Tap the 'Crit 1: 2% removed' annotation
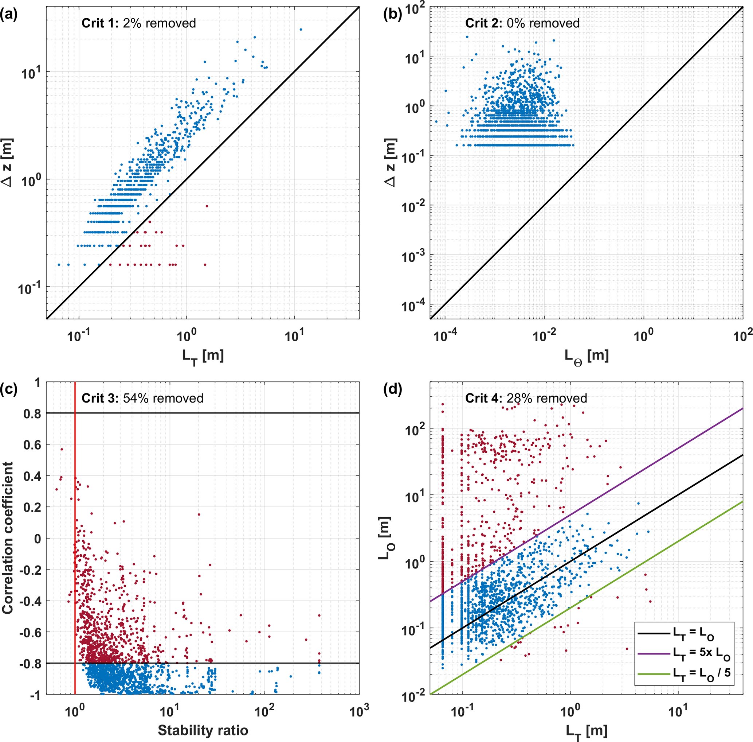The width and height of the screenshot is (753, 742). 138,23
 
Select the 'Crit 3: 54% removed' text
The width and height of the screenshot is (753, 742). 142,398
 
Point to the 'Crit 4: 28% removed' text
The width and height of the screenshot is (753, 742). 526,398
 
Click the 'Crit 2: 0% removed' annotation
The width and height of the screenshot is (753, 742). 522,23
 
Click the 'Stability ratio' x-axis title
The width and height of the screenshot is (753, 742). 203,730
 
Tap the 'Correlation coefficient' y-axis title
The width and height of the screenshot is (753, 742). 8,538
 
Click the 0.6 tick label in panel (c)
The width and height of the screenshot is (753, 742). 32,445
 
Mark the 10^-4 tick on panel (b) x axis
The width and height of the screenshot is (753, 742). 446,335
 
